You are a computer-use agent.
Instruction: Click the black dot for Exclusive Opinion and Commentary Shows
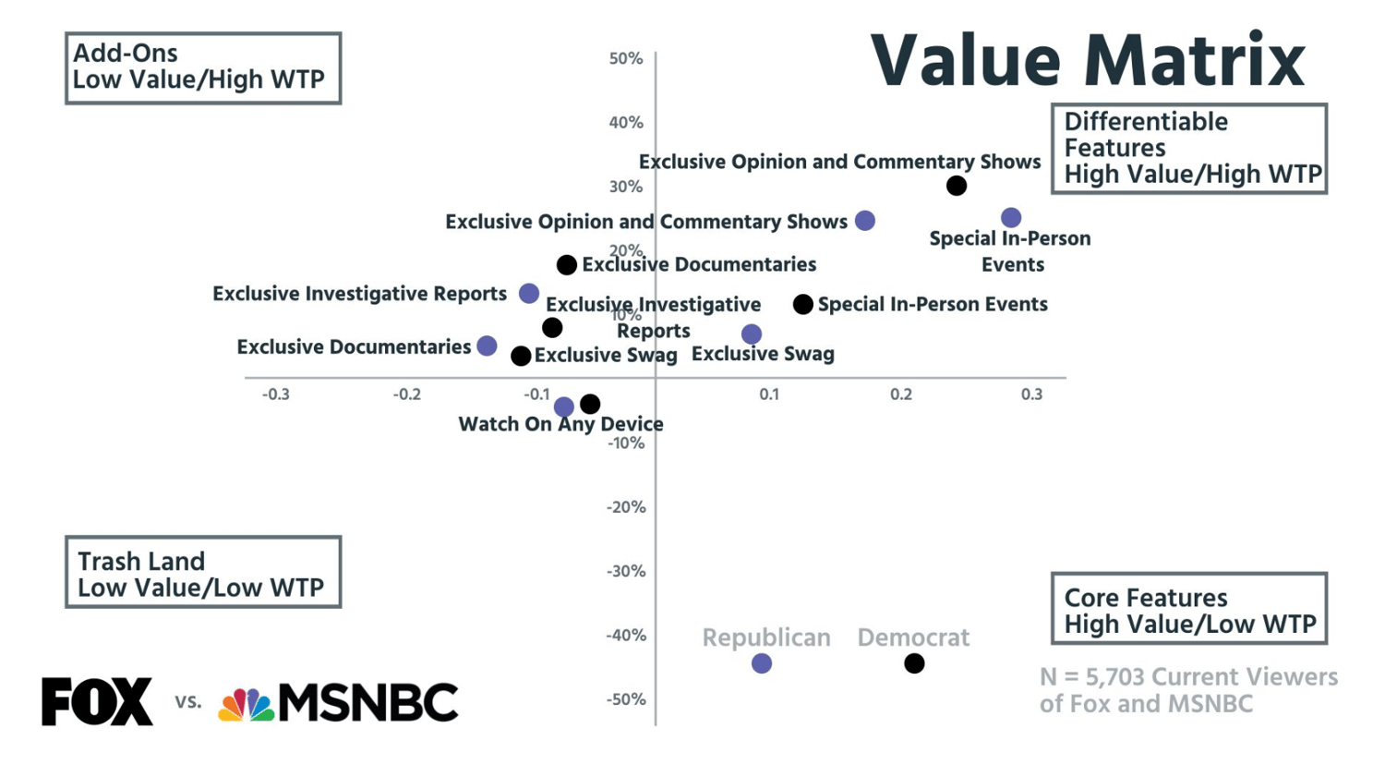click(x=957, y=186)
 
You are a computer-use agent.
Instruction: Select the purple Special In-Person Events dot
click(x=1011, y=218)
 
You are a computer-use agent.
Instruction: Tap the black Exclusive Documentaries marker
click(x=567, y=265)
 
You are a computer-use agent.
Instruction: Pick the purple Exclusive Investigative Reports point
click(x=529, y=294)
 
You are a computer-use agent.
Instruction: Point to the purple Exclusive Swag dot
click(x=752, y=334)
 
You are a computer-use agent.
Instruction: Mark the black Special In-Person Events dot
click(x=803, y=304)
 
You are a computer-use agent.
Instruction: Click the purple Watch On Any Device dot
click(x=564, y=407)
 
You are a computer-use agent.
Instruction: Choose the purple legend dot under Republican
click(x=762, y=663)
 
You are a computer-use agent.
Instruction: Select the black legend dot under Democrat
click(x=914, y=663)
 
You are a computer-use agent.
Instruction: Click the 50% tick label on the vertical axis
click(x=626, y=59)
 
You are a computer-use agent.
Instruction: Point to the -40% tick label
click(x=626, y=636)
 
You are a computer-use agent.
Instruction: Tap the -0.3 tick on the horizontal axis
click(x=275, y=395)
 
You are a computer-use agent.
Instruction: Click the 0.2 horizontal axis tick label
click(x=901, y=395)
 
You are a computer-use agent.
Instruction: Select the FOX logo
click(x=97, y=701)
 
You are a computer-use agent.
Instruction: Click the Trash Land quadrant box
click(x=203, y=573)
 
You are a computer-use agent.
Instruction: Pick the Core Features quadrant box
click(x=1189, y=609)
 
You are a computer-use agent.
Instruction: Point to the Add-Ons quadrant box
click(x=203, y=68)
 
